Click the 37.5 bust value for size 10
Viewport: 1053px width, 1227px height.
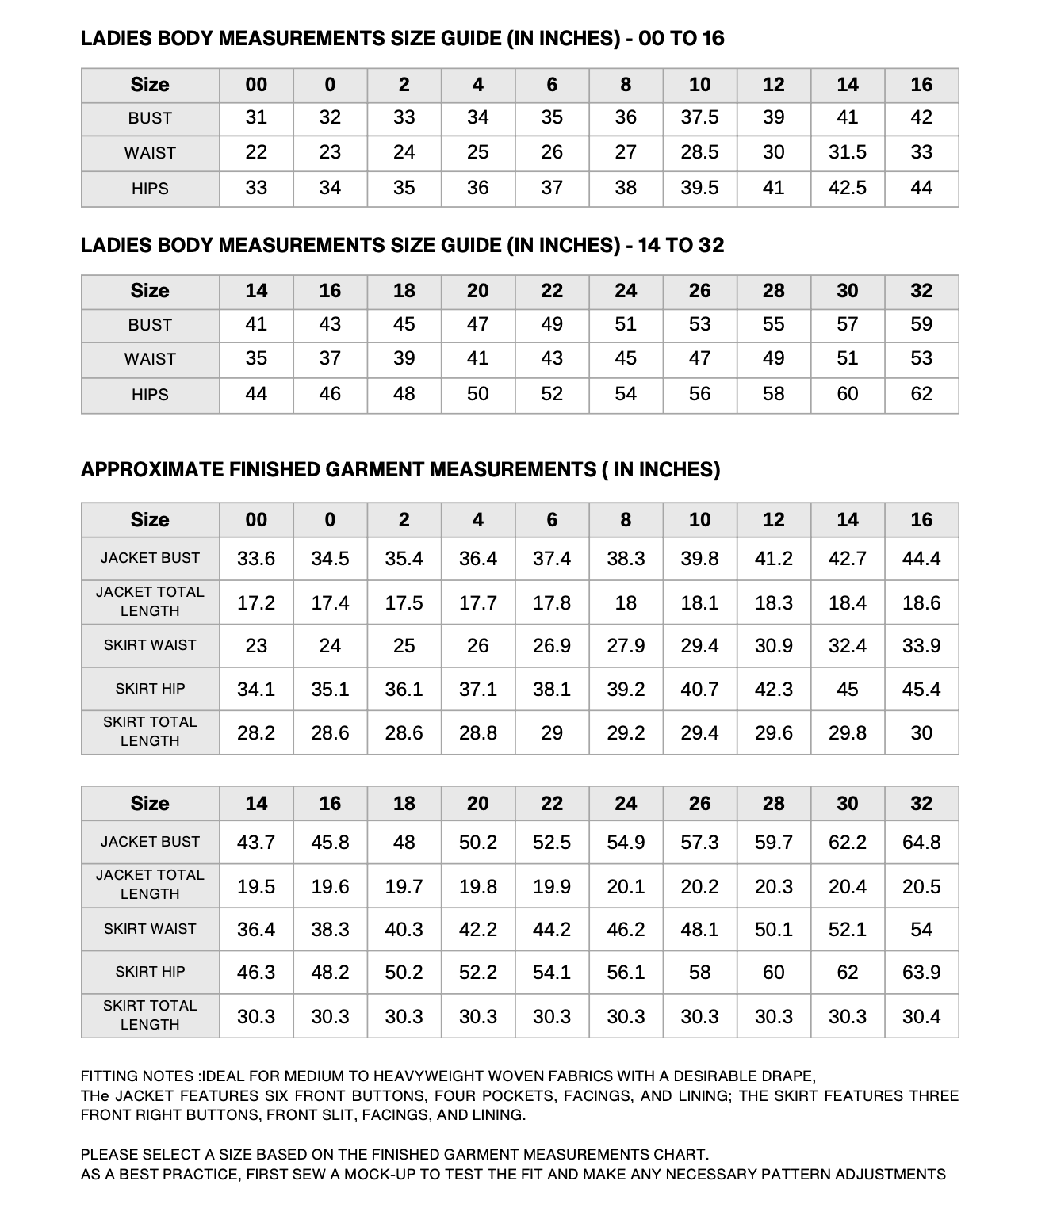[x=699, y=118]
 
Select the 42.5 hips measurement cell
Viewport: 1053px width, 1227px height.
[x=847, y=189]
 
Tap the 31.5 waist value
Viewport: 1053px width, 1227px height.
[x=847, y=153]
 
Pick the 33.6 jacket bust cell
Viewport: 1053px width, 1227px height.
[x=256, y=559]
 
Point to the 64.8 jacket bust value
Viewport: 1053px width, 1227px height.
[x=921, y=842]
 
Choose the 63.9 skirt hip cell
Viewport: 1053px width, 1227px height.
[x=921, y=972]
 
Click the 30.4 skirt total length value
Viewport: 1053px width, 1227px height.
[x=921, y=1016]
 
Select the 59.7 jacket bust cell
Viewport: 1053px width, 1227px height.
[x=773, y=842]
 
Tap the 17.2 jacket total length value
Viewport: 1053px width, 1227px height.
[x=256, y=603]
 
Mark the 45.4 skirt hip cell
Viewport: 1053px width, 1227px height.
[x=921, y=690]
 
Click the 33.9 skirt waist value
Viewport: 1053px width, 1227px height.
[x=921, y=646]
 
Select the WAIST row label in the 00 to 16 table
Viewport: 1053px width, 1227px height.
[x=150, y=153]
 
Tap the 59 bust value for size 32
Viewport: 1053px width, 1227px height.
[x=921, y=324]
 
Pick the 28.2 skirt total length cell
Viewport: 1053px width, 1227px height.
[x=256, y=733]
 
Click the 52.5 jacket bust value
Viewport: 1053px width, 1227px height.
[x=551, y=842]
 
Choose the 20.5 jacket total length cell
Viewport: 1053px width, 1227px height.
[x=921, y=886]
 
